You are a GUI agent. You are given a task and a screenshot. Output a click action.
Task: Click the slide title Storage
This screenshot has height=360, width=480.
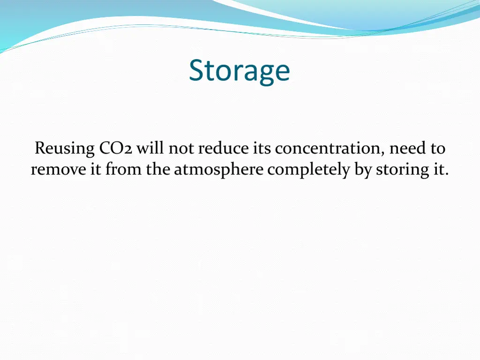(x=240, y=70)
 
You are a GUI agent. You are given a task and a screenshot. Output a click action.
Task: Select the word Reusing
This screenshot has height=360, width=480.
(x=65, y=149)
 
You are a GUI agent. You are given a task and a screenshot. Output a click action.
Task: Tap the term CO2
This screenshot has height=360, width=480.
(x=116, y=149)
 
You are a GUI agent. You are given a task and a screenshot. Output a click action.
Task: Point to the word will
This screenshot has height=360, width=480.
(x=151, y=149)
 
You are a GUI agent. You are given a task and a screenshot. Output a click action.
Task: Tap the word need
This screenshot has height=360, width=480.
(x=407, y=149)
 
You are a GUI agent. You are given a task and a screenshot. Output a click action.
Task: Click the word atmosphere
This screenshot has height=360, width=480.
(x=218, y=170)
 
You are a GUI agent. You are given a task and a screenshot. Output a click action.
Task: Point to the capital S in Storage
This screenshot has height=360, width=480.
(x=197, y=70)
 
